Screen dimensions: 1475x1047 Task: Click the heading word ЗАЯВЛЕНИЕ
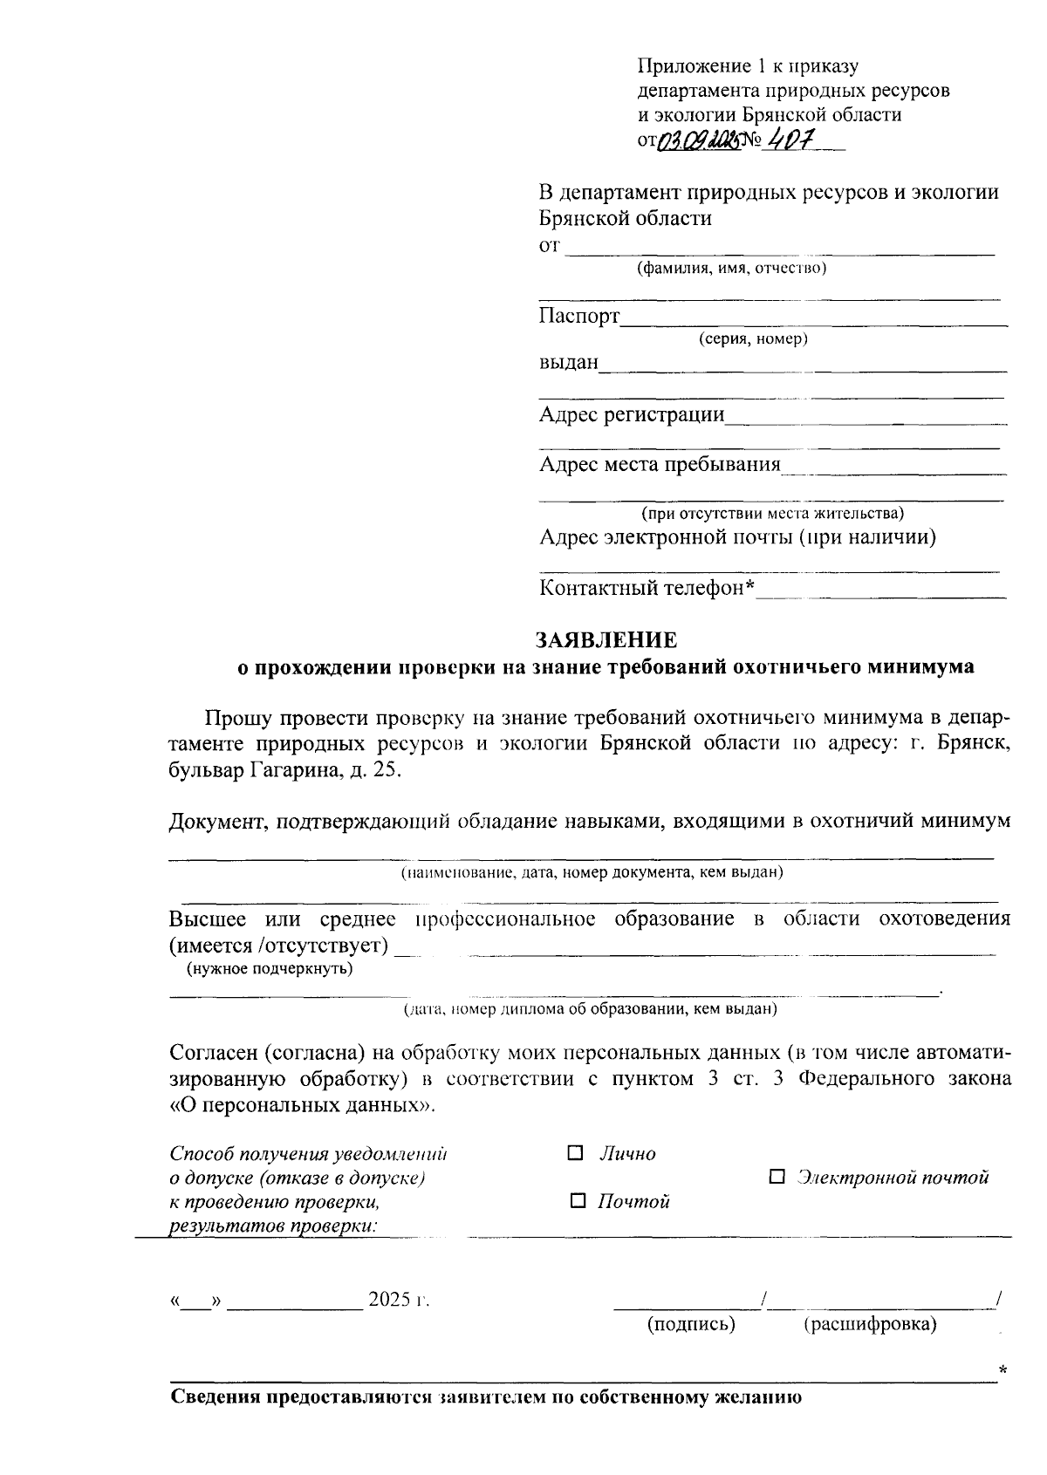tap(606, 640)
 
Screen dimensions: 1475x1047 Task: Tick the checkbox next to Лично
tap(575, 1153)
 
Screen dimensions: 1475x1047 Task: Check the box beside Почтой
tap(578, 1201)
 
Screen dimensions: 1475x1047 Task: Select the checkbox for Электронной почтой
tap(777, 1178)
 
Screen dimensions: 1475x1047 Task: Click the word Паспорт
tap(578, 315)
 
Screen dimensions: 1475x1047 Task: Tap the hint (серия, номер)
tap(753, 338)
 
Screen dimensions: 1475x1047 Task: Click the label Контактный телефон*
tap(647, 588)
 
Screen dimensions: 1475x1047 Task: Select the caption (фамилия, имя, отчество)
tap(731, 268)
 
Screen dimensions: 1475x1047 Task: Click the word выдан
tap(569, 362)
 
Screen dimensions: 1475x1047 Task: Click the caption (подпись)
tap(691, 1324)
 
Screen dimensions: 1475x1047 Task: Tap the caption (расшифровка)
tap(869, 1324)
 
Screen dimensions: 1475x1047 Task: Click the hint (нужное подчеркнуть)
tap(269, 968)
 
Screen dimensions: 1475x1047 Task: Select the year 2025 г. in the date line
tap(400, 1299)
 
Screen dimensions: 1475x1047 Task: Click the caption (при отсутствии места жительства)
tap(772, 513)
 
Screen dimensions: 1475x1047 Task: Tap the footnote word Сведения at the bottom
tap(215, 1396)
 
